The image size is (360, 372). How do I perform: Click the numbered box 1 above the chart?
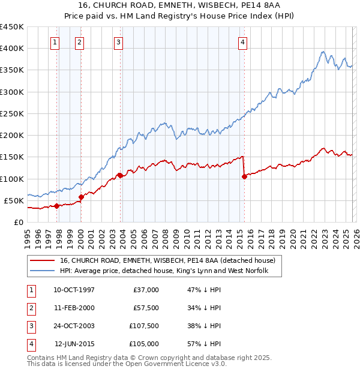click(x=55, y=42)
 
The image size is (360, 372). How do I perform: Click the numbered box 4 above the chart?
click(x=242, y=42)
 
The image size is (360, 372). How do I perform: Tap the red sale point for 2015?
click(x=244, y=176)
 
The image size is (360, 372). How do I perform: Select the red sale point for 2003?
click(x=120, y=175)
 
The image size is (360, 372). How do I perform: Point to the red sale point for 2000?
click(x=81, y=197)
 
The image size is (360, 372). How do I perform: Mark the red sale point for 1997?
click(x=56, y=206)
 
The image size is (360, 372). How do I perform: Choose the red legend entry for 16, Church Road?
click(x=167, y=260)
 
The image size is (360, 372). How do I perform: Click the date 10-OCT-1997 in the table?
click(x=74, y=290)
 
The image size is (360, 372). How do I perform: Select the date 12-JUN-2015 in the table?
click(x=74, y=344)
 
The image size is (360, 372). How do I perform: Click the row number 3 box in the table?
click(x=29, y=326)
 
